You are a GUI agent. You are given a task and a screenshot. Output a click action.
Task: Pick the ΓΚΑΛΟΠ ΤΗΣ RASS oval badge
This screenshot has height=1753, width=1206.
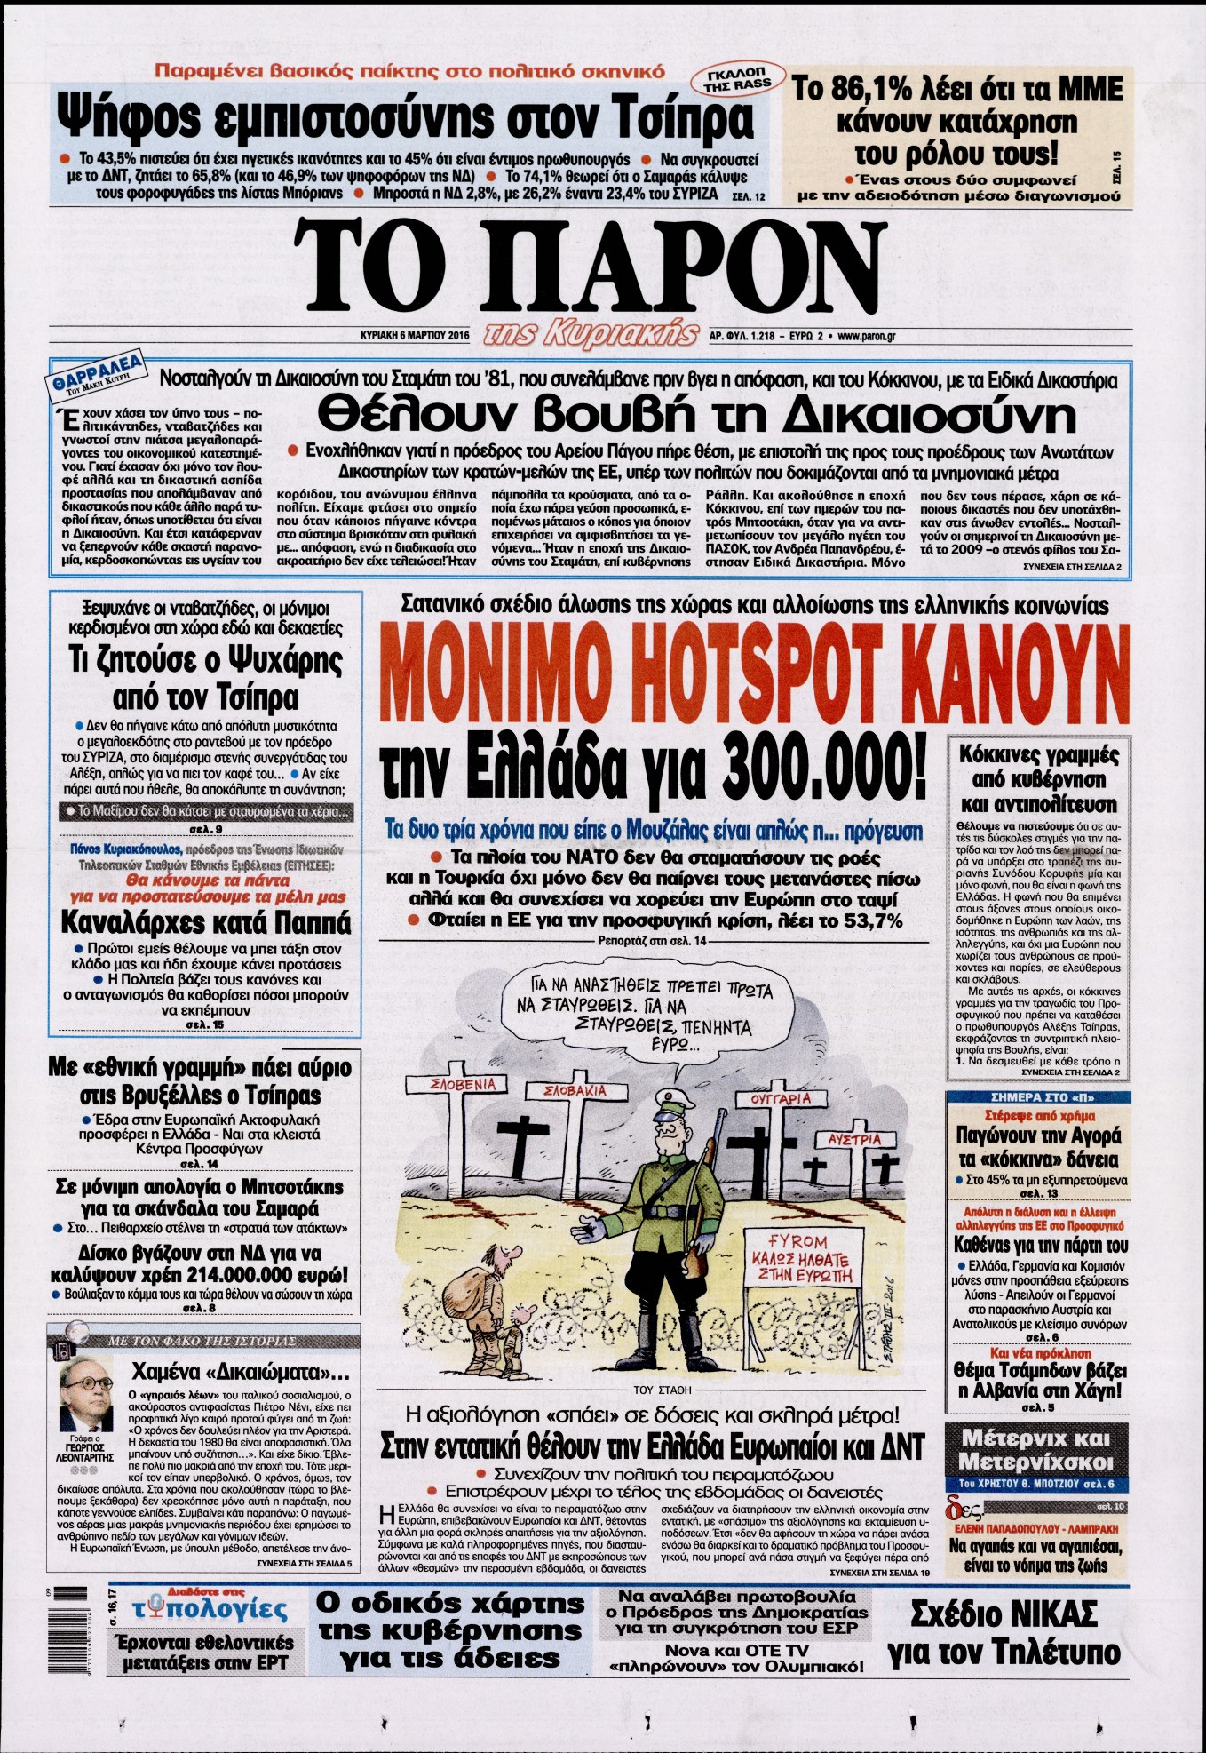pyautogui.click(x=735, y=79)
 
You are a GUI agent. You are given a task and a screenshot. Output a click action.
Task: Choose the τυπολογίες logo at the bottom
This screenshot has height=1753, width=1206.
pyautogui.click(x=210, y=1611)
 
